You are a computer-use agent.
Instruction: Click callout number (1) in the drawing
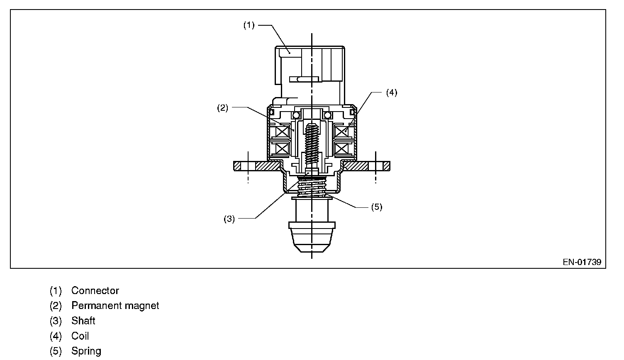(x=249, y=25)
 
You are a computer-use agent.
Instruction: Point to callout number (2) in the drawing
(x=223, y=108)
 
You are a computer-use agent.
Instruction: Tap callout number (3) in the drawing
(x=229, y=219)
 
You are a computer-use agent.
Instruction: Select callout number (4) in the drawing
(x=391, y=92)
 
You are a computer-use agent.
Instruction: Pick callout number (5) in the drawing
(x=376, y=207)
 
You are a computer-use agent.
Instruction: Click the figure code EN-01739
(x=582, y=262)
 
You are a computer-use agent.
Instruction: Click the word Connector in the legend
(x=95, y=291)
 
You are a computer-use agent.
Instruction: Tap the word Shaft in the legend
(x=83, y=321)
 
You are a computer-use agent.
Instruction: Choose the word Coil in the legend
(x=80, y=336)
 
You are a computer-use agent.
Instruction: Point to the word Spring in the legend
(x=86, y=351)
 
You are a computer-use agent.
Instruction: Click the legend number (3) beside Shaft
(x=56, y=321)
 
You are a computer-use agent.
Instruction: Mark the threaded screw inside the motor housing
(x=312, y=143)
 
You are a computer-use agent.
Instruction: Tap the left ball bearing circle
(x=296, y=115)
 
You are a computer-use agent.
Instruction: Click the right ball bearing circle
(x=327, y=115)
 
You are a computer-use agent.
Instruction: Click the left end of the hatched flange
(x=237, y=166)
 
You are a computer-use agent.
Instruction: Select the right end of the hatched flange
(x=386, y=166)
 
